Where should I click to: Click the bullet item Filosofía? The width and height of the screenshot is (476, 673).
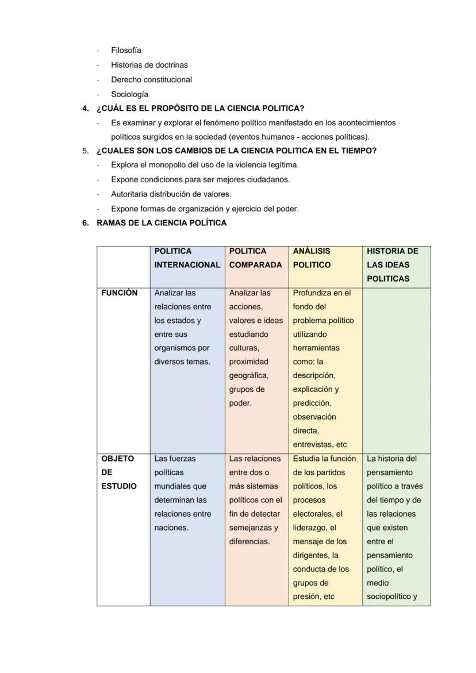pos(126,51)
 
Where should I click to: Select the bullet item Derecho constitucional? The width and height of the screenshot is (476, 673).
pos(151,80)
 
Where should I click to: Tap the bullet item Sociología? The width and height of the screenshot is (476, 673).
pos(129,94)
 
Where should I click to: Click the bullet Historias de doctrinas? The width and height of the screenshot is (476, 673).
pos(149,65)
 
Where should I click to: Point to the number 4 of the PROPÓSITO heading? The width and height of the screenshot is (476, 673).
pos(85,109)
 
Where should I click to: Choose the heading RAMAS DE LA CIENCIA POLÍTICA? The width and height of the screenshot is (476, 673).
pos(162,223)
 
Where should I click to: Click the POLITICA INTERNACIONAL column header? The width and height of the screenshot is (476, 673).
pos(187,258)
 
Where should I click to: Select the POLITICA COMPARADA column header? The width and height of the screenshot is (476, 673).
pos(255,258)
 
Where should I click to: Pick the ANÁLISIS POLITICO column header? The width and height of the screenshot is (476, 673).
pos(312,258)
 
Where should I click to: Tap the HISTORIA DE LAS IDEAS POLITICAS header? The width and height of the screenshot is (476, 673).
pos(393,265)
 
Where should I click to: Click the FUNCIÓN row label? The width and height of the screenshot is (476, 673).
pos(119,293)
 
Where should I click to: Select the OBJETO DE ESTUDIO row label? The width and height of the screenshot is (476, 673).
pos(118,472)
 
